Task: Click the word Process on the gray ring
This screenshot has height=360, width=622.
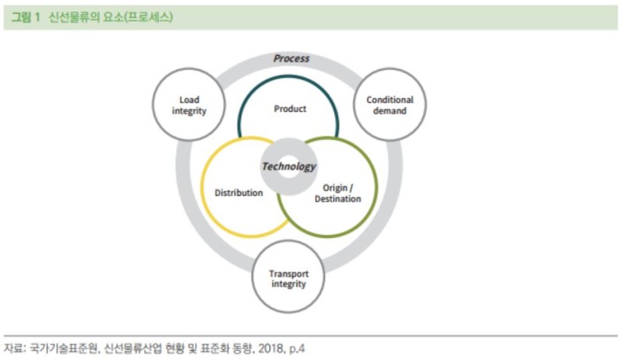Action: pyautogui.click(x=291, y=58)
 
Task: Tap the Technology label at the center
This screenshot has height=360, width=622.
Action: pyautogui.click(x=288, y=166)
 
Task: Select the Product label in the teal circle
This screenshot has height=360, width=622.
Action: pyautogui.click(x=290, y=109)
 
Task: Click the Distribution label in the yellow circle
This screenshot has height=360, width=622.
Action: pyautogui.click(x=239, y=193)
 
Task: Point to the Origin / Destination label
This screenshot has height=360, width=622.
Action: pyautogui.click(x=338, y=194)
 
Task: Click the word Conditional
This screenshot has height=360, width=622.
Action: pyautogui.click(x=390, y=100)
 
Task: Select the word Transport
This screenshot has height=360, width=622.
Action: pyautogui.click(x=288, y=274)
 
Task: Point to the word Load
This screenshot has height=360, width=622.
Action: pyautogui.click(x=189, y=100)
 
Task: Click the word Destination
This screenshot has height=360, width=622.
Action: pyautogui.click(x=338, y=198)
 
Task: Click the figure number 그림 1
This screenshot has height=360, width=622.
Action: pyautogui.click(x=26, y=17)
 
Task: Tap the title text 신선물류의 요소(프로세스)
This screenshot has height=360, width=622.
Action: pyautogui.click(x=110, y=17)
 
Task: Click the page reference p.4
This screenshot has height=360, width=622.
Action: pyautogui.click(x=297, y=349)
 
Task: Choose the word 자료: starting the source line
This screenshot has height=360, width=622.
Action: pyautogui.click(x=15, y=348)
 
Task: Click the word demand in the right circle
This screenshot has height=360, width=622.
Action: pyautogui.click(x=390, y=110)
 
